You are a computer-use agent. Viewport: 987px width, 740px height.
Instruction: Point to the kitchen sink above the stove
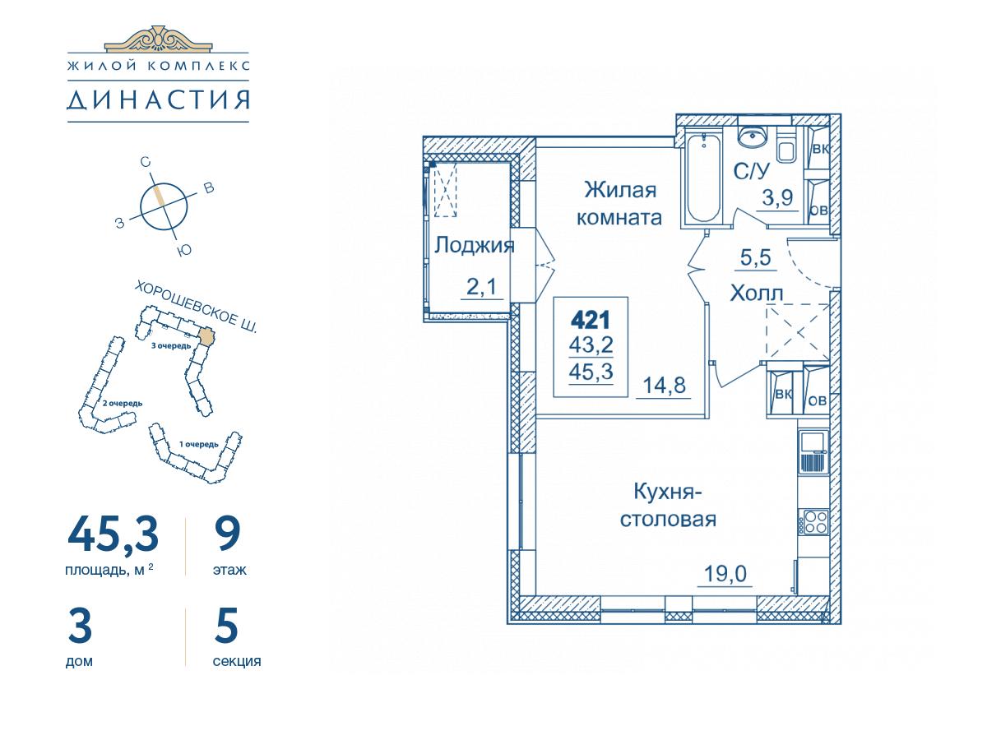pyautogui.click(x=813, y=451)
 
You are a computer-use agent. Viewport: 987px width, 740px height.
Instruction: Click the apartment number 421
pyautogui.click(x=590, y=321)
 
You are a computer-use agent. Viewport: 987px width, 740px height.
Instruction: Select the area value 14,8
pyautogui.click(x=664, y=385)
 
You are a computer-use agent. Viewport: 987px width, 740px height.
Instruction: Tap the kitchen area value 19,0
pyautogui.click(x=725, y=574)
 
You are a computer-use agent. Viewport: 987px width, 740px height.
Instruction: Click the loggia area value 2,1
pyautogui.click(x=481, y=286)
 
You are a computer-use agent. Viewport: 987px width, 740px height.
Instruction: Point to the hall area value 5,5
pyautogui.click(x=755, y=257)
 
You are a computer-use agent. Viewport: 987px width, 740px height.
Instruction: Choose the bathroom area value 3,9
pyautogui.click(x=777, y=197)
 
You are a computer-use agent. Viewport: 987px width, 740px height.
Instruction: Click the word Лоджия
pyautogui.click(x=474, y=246)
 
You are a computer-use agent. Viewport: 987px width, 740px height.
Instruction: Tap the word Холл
pyautogui.click(x=757, y=294)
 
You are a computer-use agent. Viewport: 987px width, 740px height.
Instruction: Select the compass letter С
pyautogui.click(x=145, y=162)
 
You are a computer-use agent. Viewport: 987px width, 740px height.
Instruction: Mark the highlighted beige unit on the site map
pyautogui.click(x=206, y=336)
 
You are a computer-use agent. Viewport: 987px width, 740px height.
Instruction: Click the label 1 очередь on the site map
pyautogui.click(x=198, y=444)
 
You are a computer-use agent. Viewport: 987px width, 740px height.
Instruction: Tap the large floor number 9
pyautogui.click(x=228, y=534)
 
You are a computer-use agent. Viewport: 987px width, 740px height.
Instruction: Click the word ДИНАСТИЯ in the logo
pyautogui.click(x=158, y=99)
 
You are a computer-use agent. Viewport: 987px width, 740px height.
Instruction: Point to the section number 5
pyautogui.click(x=225, y=625)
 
